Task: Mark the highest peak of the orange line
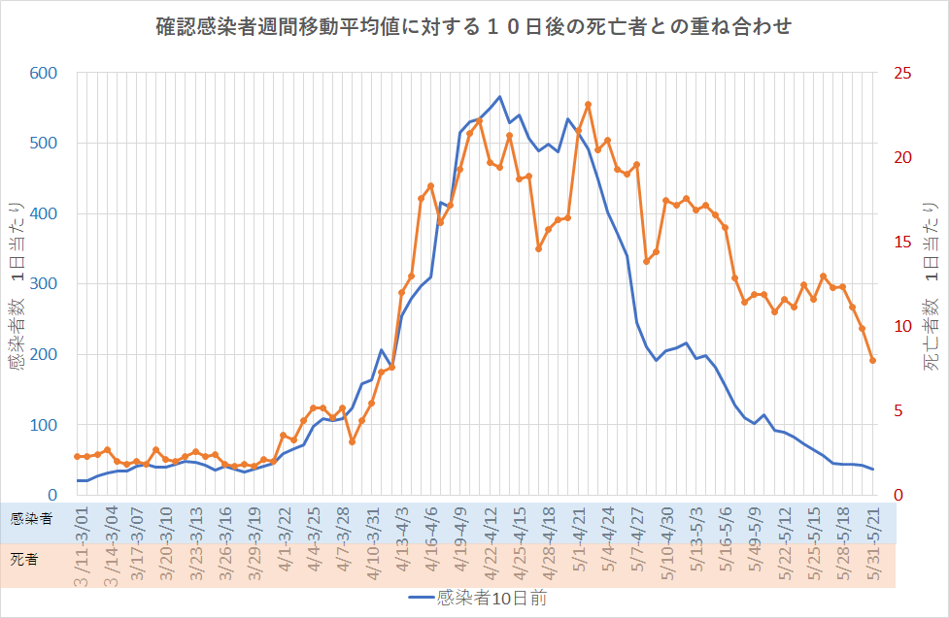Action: [x=588, y=105]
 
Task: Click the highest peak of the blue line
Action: [x=499, y=97]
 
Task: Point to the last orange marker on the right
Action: [x=872, y=361]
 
